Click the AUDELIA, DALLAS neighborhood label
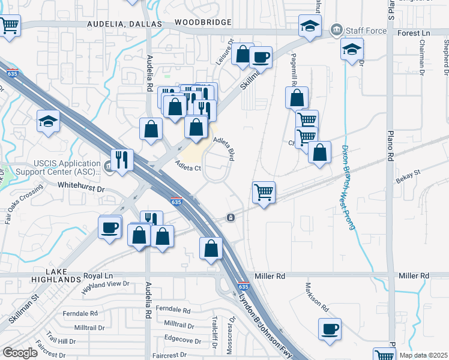[x=125, y=24]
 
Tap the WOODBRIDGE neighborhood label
[x=203, y=23]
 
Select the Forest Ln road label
[x=415, y=34]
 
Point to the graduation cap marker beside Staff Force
[x=310, y=26]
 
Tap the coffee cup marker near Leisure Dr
[x=261, y=57]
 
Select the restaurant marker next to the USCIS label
[x=122, y=160]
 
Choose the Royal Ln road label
[x=98, y=276]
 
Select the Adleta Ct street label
[x=188, y=165]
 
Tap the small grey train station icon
[x=231, y=218]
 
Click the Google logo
[x=20, y=353]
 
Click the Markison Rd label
[x=316, y=297]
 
